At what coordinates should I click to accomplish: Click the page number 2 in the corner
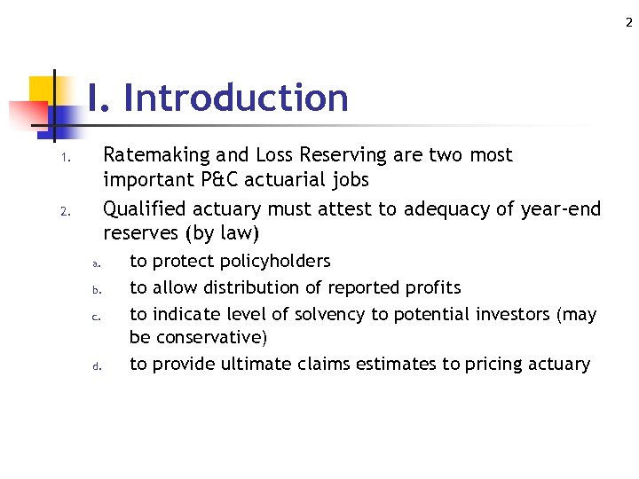click(628, 23)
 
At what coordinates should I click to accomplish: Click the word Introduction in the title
click(236, 98)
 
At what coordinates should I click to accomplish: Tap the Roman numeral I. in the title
click(99, 98)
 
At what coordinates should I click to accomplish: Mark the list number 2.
click(65, 213)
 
